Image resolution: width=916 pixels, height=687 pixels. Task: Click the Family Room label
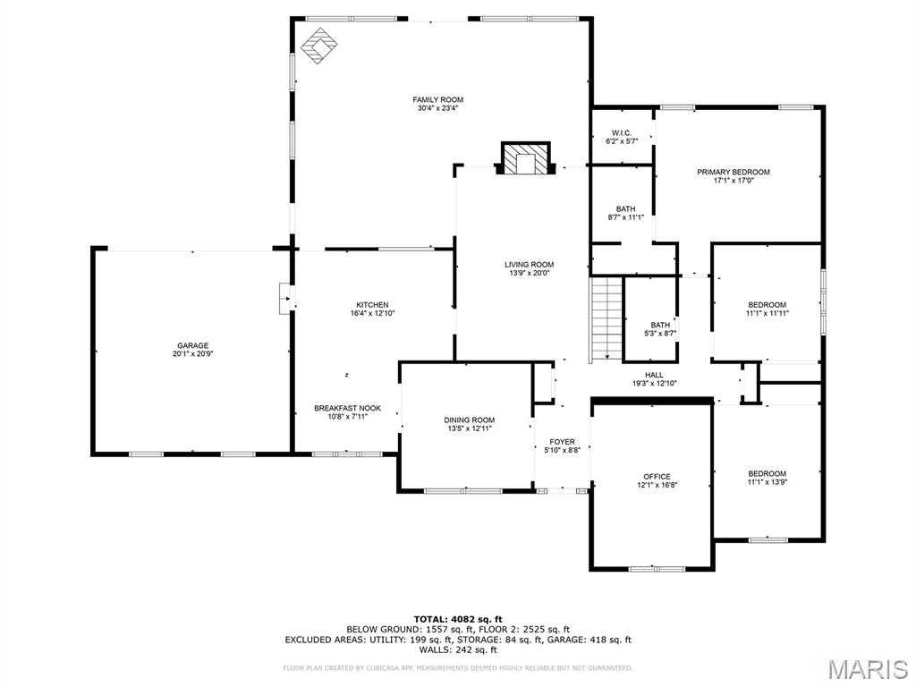pyautogui.click(x=437, y=99)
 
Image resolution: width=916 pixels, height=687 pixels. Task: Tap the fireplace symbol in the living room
pyautogui.click(x=525, y=159)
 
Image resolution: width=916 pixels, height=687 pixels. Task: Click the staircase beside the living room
pyautogui.click(x=606, y=318)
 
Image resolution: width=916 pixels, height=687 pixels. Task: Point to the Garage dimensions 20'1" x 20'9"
pyautogui.click(x=192, y=354)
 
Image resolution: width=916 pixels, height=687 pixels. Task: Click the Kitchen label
pyautogui.click(x=372, y=305)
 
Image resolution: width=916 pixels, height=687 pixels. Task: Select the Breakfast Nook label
pyautogui.click(x=347, y=408)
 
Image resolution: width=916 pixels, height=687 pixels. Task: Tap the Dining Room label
pyautogui.click(x=469, y=420)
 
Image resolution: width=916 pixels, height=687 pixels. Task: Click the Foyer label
pyautogui.click(x=562, y=442)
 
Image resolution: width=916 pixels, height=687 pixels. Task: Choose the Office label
pyautogui.click(x=657, y=477)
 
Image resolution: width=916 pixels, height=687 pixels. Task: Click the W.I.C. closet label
pyautogui.click(x=621, y=132)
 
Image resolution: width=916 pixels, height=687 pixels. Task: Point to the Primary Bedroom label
pyautogui.click(x=734, y=172)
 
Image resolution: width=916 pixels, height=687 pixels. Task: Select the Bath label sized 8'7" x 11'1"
pyautogui.click(x=625, y=208)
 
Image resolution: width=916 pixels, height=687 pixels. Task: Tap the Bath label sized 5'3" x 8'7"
pyautogui.click(x=660, y=325)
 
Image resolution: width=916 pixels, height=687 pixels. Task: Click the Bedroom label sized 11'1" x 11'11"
pyautogui.click(x=767, y=304)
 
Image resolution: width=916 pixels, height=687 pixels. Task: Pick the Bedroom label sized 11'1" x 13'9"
pyautogui.click(x=767, y=473)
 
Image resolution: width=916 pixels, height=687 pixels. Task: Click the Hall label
pyautogui.click(x=654, y=375)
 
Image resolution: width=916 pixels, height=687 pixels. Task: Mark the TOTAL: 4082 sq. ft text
pyautogui.click(x=458, y=619)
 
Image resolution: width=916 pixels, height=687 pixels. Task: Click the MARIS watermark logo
pyautogui.click(x=868, y=669)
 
